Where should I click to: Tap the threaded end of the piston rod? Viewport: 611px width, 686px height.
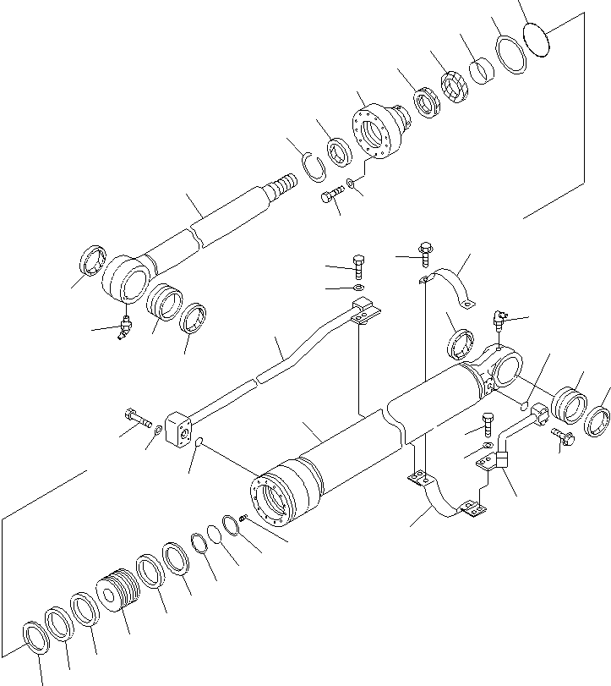tap(284, 184)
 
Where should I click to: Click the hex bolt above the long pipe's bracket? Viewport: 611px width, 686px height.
tap(357, 266)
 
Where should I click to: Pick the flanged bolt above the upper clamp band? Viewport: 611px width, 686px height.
tap(424, 250)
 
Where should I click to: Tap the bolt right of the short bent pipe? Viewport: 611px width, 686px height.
tap(562, 438)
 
